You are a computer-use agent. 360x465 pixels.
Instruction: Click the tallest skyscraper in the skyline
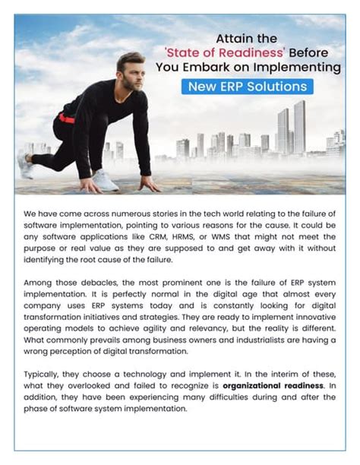point(299,125)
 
